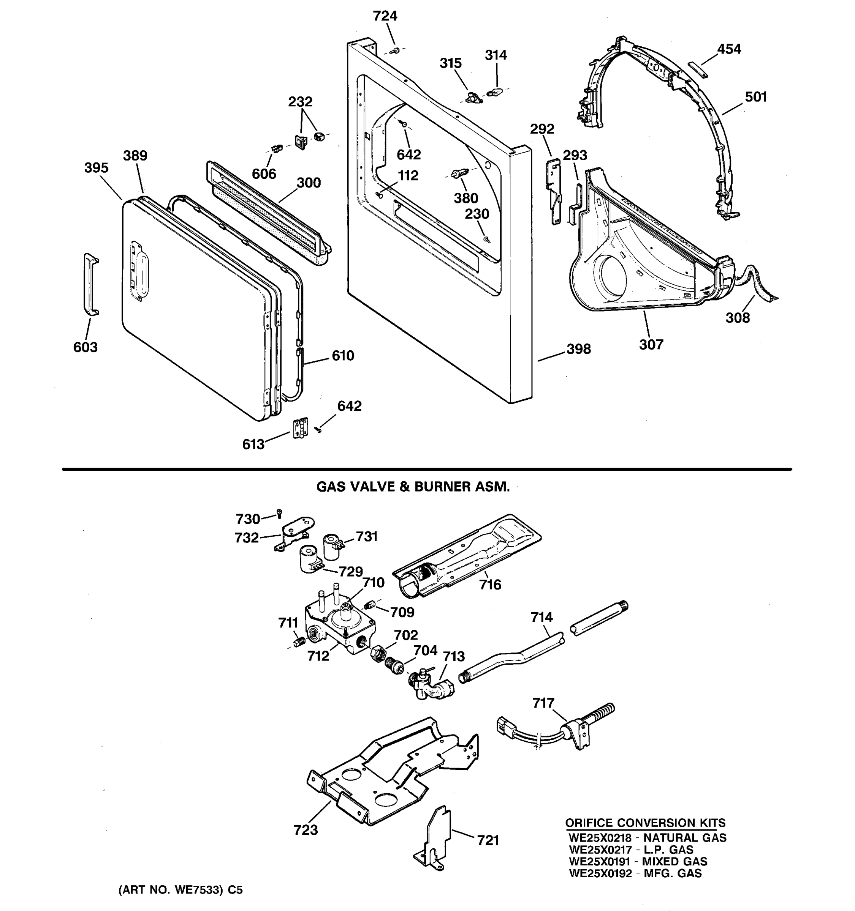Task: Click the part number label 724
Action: pyautogui.click(x=385, y=16)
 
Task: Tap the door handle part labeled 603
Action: pyautogui.click(x=91, y=284)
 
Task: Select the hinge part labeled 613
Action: pyautogui.click(x=301, y=427)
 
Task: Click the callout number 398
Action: pyautogui.click(x=578, y=349)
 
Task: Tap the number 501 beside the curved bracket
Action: pyautogui.click(x=755, y=97)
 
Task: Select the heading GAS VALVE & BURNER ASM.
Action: pyautogui.click(x=413, y=487)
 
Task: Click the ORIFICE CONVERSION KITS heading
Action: pyautogui.click(x=645, y=823)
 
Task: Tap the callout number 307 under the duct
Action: pyautogui.click(x=651, y=345)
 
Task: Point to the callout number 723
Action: pyautogui.click(x=306, y=830)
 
